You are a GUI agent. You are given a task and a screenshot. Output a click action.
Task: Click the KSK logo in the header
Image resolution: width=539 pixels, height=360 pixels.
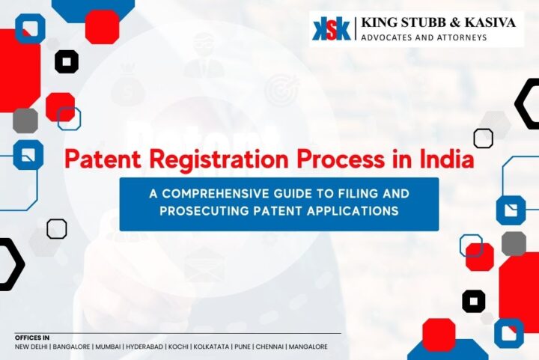pyautogui.click(x=332, y=28)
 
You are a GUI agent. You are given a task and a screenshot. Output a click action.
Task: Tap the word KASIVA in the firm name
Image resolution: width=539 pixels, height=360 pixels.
pyautogui.click(x=487, y=22)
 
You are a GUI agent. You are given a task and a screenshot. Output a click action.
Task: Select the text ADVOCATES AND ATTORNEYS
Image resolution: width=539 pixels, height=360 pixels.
pyautogui.click(x=424, y=37)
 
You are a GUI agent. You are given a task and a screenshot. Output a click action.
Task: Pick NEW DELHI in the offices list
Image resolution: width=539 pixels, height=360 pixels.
pyautogui.click(x=31, y=347)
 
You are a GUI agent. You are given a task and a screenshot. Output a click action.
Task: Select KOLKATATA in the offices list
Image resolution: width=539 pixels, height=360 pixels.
pyautogui.click(x=222, y=347)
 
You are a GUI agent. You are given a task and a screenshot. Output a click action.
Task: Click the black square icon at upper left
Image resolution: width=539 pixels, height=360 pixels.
pyautogui.click(x=67, y=62)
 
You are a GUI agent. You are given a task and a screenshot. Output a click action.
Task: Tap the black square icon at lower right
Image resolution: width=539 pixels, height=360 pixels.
pyautogui.click(x=474, y=301)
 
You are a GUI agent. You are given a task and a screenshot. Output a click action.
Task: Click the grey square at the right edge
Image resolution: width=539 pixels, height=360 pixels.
pyautogui.click(x=514, y=243)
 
